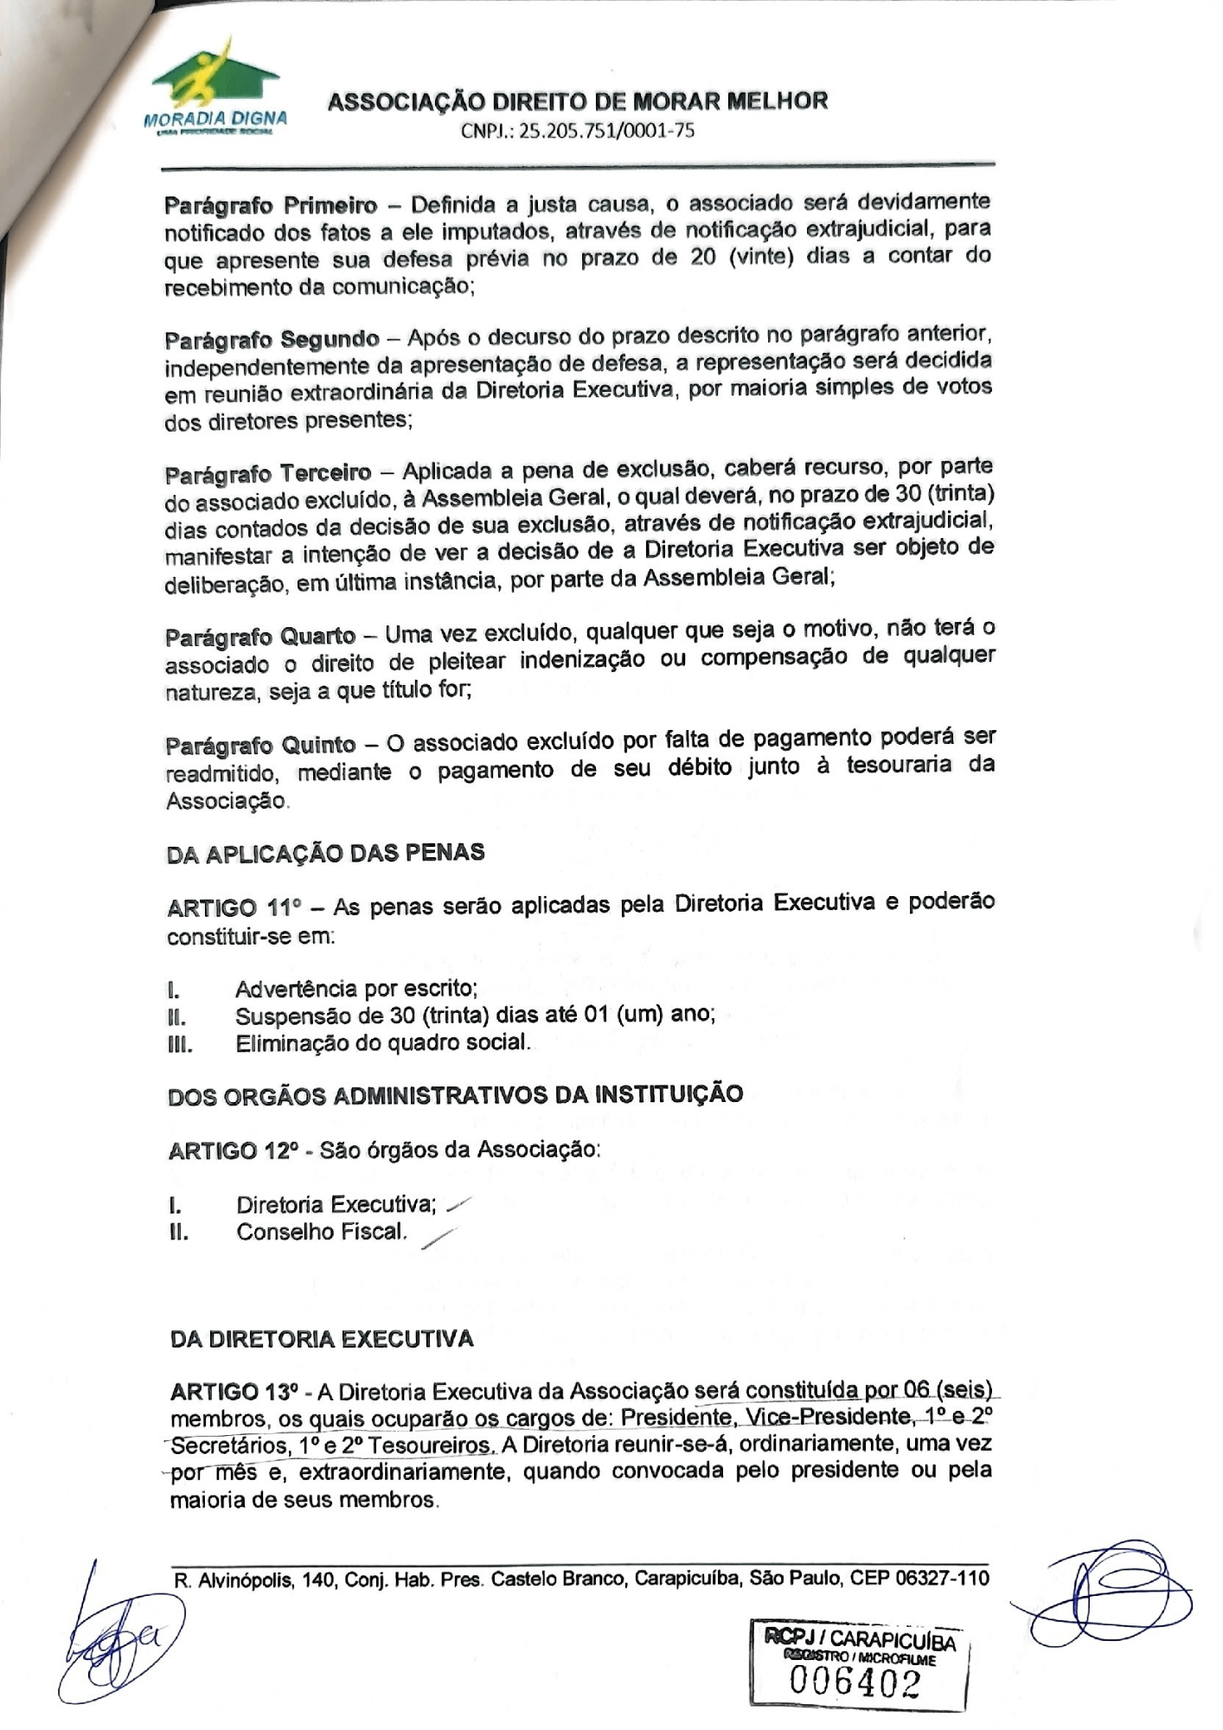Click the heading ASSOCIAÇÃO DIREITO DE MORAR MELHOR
pyautogui.click(x=578, y=101)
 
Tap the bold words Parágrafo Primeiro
pyautogui.click(x=271, y=206)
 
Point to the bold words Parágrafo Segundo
pyautogui.click(x=272, y=339)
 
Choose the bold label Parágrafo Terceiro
pyautogui.click(x=268, y=474)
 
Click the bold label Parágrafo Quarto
pyautogui.click(x=260, y=637)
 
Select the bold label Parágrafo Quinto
pyautogui.click(x=260, y=745)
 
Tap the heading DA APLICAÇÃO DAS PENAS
pyautogui.click(x=325, y=853)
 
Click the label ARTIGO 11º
pyautogui.click(x=233, y=909)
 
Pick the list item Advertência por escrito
pyautogui.click(x=356, y=988)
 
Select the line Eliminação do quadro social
pyautogui.click(x=383, y=1042)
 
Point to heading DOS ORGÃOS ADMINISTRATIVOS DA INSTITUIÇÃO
pyautogui.click(x=455, y=1095)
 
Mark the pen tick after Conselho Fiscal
pyautogui.click(x=438, y=1240)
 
